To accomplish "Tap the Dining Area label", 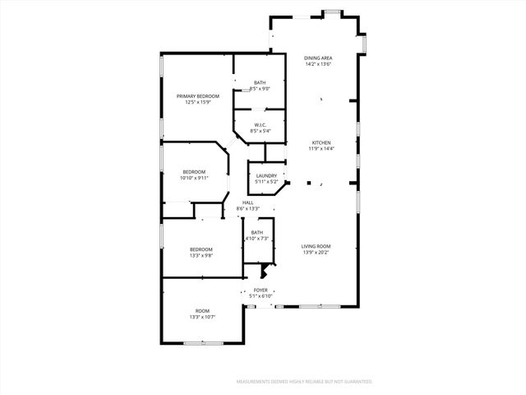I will coord(317,58).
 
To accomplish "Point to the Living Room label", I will coord(316,246).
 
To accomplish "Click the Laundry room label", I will coord(266,175).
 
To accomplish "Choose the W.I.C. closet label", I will coord(260,124).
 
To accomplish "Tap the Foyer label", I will coord(261,290).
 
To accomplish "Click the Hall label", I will coord(247,202).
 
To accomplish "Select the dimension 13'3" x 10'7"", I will coord(201,317).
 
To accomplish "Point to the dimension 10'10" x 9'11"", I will coord(195,178).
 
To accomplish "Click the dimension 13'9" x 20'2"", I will coord(316,253).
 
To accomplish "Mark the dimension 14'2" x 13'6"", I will coord(317,64).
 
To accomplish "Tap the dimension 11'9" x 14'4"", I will coord(320,149).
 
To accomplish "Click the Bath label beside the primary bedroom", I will coord(260,82).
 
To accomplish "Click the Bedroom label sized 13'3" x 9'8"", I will coord(201,249).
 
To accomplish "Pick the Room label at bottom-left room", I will coord(201,310).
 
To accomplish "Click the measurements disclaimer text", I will coord(303,382).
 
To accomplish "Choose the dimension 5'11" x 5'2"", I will coord(266,182).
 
